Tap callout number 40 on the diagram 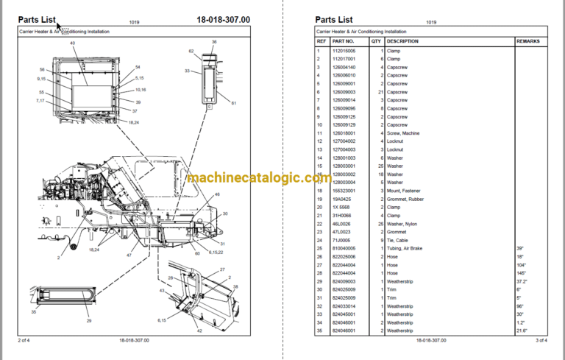click(73, 43)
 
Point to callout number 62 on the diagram click(191, 52)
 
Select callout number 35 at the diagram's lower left click(32, 312)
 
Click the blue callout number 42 click(198, 331)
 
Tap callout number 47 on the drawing click(129, 255)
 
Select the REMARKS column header click(528, 41)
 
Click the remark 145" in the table click(522, 273)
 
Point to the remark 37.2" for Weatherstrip click(522, 281)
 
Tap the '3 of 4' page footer click(541, 340)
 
